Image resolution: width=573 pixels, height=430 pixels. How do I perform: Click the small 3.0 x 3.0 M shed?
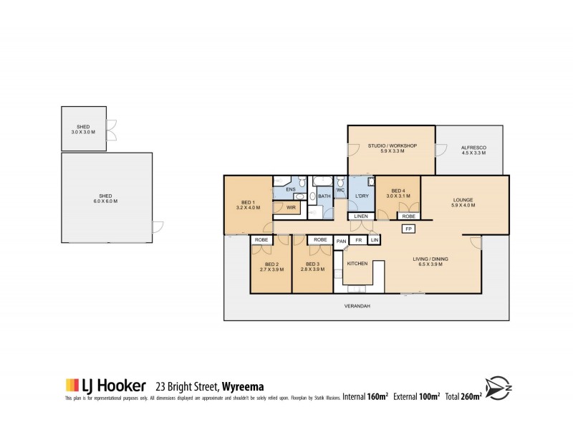coord(83,129)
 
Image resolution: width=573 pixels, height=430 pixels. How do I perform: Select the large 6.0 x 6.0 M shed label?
coord(105,199)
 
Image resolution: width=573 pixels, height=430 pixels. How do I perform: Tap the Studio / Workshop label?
coord(392,148)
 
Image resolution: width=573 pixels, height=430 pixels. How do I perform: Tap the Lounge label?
coord(465,203)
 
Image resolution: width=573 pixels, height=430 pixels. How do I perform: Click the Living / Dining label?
coord(431,262)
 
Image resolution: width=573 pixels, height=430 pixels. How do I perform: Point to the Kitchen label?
coord(357,264)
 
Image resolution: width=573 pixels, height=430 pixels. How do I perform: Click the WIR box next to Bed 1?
coord(292,208)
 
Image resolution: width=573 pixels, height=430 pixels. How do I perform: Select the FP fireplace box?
coord(409,229)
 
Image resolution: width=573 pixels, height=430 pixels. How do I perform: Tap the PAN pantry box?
coord(342,241)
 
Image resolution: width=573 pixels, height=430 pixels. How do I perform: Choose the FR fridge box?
coord(358,240)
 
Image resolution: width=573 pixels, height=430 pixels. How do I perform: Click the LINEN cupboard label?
coord(361,216)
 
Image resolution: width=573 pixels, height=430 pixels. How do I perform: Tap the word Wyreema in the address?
coord(244,386)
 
